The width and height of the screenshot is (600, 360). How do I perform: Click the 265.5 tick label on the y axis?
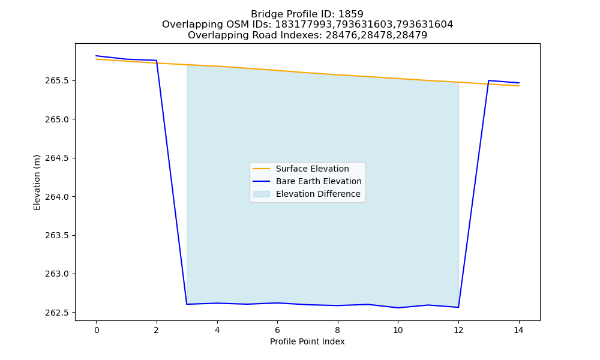(58, 81)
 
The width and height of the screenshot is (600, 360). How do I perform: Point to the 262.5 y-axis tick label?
(58, 313)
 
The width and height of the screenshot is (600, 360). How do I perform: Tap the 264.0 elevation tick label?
(58, 197)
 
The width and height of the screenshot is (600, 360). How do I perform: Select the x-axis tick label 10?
(398, 330)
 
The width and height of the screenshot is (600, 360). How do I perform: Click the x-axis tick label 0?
(97, 330)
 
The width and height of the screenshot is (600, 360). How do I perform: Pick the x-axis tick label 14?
(518, 330)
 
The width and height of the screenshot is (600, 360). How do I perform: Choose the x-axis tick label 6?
(277, 330)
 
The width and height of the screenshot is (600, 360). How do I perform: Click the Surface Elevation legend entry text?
(312, 169)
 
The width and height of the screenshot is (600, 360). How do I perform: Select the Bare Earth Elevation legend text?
(319, 181)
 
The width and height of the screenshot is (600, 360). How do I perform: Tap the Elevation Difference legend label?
(318, 194)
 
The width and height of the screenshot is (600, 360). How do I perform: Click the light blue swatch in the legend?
(262, 194)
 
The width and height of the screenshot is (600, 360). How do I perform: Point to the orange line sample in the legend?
(262, 169)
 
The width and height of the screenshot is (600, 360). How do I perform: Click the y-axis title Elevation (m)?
(37, 182)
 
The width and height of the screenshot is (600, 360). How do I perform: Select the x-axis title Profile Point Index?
(307, 341)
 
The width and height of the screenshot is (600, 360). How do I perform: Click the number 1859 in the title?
(351, 14)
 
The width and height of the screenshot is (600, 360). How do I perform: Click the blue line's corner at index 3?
(187, 304)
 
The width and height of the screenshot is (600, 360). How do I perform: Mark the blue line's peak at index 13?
(488, 80)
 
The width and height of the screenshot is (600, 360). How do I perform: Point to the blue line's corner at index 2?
(157, 61)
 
